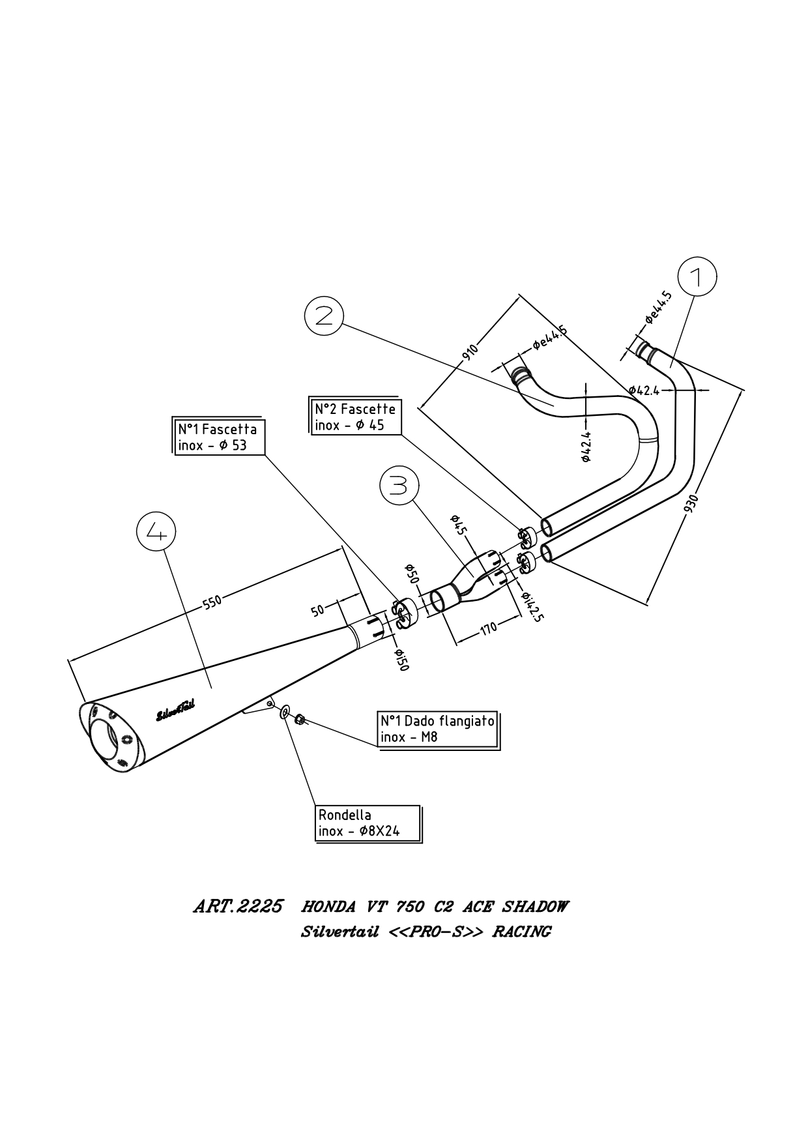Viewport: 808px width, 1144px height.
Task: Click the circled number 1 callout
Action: pyautogui.click(x=697, y=277)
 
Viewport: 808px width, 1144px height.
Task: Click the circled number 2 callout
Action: pyautogui.click(x=324, y=315)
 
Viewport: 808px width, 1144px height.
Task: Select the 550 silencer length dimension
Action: pyautogui.click(x=212, y=602)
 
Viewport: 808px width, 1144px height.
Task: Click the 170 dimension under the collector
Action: pyautogui.click(x=489, y=628)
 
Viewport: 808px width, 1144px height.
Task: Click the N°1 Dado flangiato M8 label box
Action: pyautogui.click(x=438, y=729)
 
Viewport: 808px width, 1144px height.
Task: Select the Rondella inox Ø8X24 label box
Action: pyautogui.click(x=368, y=823)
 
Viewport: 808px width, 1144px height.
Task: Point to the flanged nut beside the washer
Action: pyautogui.click(x=300, y=719)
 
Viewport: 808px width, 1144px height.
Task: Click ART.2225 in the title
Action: pyautogui.click(x=238, y=907)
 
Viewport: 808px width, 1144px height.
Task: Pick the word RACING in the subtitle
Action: pyautogui.click(x=521, y=932)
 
